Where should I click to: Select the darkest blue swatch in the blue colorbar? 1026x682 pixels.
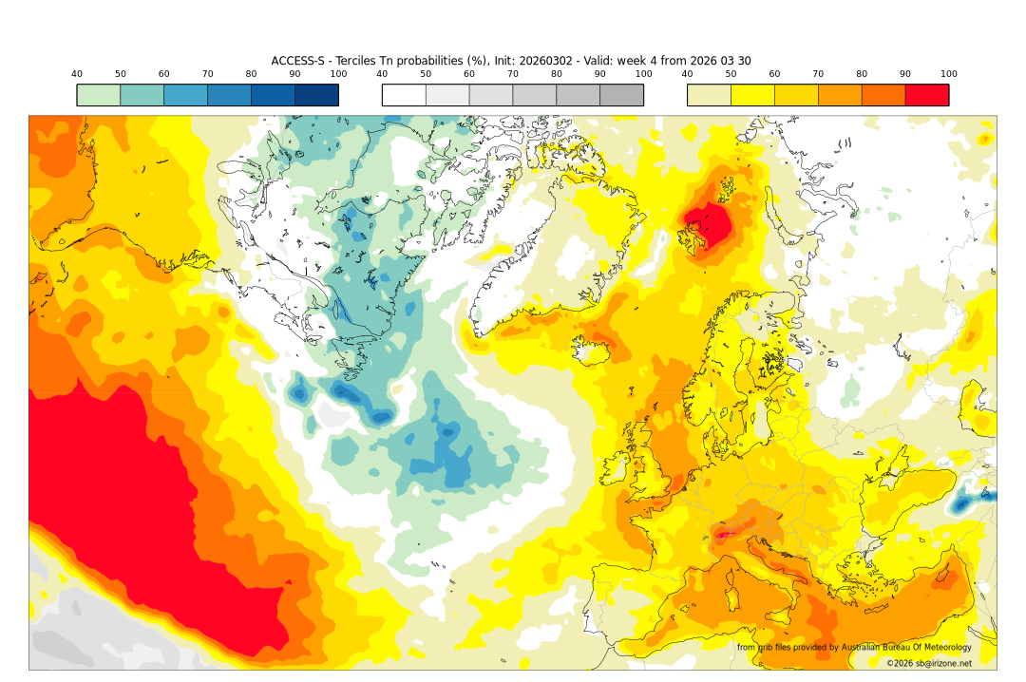coord(316,95)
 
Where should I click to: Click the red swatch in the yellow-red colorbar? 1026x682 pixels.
coord(926,95)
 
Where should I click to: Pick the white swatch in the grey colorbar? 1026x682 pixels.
coord(404,95)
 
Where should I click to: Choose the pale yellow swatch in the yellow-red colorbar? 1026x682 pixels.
coord(709,95)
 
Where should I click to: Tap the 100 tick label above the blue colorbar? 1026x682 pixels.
coord(338,74)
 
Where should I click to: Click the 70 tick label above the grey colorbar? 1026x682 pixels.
coord(513,74)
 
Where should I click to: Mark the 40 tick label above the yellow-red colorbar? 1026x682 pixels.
coord(687,74)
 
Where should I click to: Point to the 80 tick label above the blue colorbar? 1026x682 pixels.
coord(251,74)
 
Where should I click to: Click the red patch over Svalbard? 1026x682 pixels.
coord(709,225)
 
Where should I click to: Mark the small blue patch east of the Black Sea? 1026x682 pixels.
coord(963,503)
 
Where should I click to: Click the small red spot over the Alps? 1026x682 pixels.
coord(726,535)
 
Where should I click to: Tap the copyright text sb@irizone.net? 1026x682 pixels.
coord(929,663)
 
